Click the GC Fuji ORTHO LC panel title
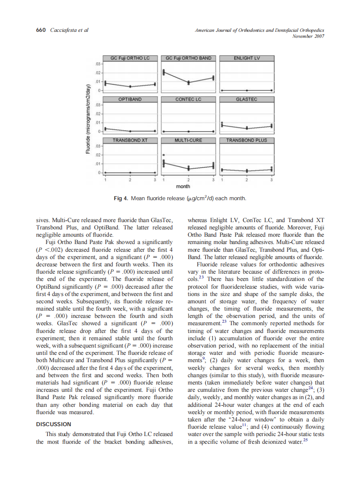(130, 58)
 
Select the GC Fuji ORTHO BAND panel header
(188, 58)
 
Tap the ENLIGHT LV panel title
(246, 58)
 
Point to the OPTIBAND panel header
(130, 99)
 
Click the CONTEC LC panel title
(188, 99)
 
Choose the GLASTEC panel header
(246, 99)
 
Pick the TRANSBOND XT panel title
(130, 140)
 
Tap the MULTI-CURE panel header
(188, 140)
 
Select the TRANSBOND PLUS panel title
(246, 140)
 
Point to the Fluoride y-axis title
(88, 118)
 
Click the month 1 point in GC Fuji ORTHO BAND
(163, 72)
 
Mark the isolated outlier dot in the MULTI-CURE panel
(163, 155)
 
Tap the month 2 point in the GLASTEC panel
(247, 128)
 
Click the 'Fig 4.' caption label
(121, 198)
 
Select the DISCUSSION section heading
(54, 424)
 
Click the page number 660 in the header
(40, 30)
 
